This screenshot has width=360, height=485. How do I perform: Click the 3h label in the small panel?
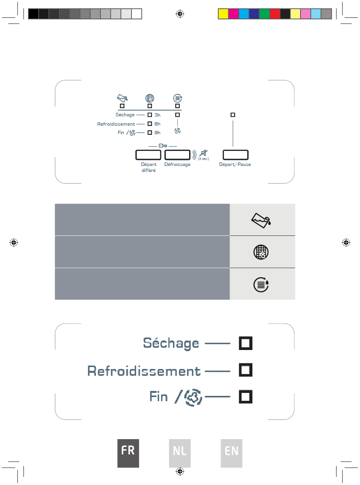157,115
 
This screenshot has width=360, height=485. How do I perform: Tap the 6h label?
157,124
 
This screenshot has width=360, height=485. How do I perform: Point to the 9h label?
157,133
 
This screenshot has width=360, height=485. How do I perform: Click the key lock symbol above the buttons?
163,146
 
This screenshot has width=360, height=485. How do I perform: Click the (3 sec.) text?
203,159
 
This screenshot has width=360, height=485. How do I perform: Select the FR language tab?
128,453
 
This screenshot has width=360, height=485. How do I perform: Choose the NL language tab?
180,453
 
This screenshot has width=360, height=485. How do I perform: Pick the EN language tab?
232,453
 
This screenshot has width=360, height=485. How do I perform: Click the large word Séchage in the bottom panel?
171,343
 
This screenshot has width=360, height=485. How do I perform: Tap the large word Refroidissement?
144,371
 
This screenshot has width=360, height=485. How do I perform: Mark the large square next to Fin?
246,397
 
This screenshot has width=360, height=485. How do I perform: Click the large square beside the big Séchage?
246,343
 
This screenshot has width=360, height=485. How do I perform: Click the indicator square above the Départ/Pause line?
233,115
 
